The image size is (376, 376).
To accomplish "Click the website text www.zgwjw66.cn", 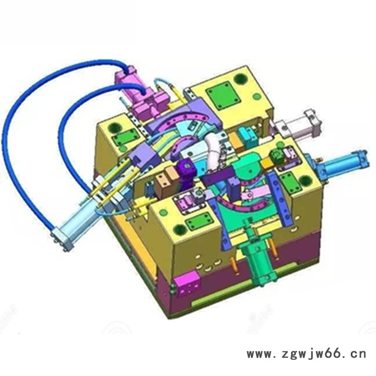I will (306, 354).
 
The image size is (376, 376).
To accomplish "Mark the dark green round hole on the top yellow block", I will (240, 79).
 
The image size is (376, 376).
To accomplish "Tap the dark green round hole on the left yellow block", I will (114, 128).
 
